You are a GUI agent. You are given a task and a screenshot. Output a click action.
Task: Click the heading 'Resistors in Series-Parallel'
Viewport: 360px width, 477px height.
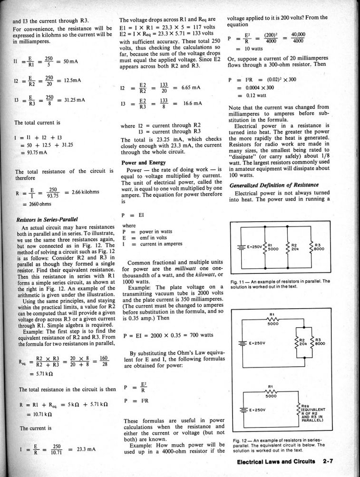point(47,220)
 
